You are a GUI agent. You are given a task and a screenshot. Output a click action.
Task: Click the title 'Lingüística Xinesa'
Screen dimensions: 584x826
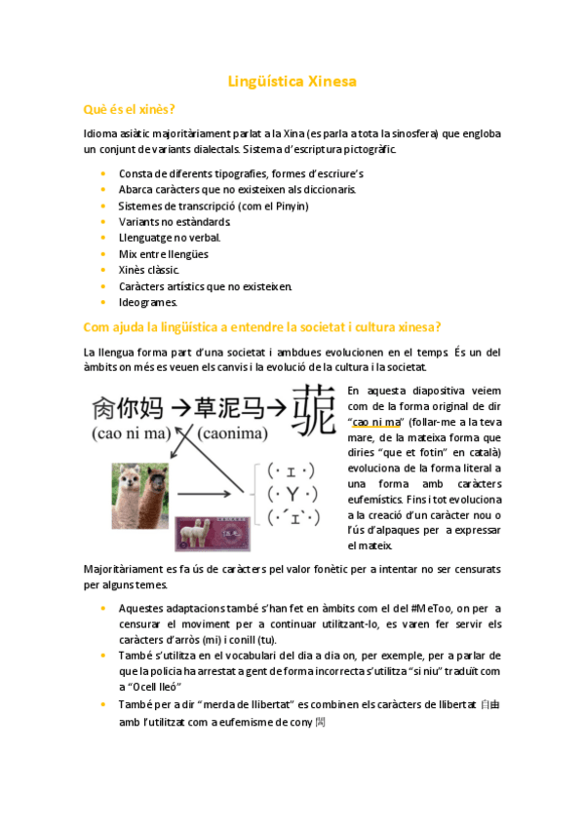[292, 82]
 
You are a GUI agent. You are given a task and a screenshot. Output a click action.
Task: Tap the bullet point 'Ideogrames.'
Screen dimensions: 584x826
[148, 302]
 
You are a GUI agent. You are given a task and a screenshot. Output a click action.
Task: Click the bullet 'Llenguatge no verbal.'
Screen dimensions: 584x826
[170, 238]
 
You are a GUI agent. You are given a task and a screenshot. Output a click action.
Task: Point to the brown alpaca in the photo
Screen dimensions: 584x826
[154, 484]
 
